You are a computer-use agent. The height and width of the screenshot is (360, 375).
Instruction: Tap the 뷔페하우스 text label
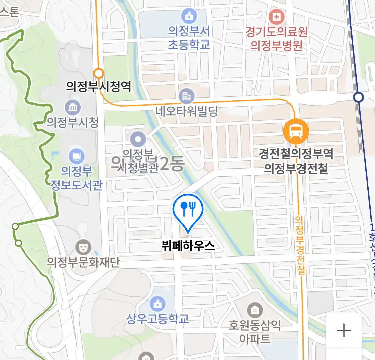[x=188, y=246]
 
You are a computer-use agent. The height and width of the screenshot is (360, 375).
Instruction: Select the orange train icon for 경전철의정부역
[x=296, y=131]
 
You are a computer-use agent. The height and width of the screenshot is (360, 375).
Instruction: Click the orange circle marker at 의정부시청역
[x=99, y=73]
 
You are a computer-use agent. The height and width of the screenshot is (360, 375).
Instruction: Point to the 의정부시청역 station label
[x=99, y=87]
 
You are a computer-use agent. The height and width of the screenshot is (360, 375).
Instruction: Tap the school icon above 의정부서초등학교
[x=189, y=16]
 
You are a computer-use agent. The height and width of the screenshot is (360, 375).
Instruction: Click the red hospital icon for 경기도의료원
[x=276, y=16]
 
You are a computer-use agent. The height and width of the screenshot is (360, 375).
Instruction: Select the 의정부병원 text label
[x=276, y=45]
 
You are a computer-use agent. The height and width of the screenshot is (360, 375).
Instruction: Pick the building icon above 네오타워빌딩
[x=187, y=96]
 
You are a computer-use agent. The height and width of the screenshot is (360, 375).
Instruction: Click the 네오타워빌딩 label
[x=187, y=111]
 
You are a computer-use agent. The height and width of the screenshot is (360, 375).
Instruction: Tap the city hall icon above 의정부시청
[x=73, y=107]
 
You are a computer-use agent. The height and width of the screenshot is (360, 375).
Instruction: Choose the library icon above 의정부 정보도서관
[x=76, y=156]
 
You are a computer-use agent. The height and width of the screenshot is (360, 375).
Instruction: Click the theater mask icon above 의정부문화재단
[x=83, y=247]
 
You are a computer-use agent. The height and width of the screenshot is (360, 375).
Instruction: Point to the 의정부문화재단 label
[x=83, y=262]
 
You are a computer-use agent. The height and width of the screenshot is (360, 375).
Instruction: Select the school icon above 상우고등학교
[x=157, y=304]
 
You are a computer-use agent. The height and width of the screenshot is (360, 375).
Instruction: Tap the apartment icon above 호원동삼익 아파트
[x=255, y=311]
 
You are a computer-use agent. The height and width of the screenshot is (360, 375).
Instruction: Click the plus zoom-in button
[x=344, y=331]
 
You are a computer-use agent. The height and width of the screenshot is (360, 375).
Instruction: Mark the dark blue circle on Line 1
[x=358, y=97]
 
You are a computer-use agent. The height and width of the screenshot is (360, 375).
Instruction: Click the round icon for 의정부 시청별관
[x=138, y=139]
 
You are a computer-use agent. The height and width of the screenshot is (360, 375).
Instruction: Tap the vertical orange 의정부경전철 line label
[x=300, y=245]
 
